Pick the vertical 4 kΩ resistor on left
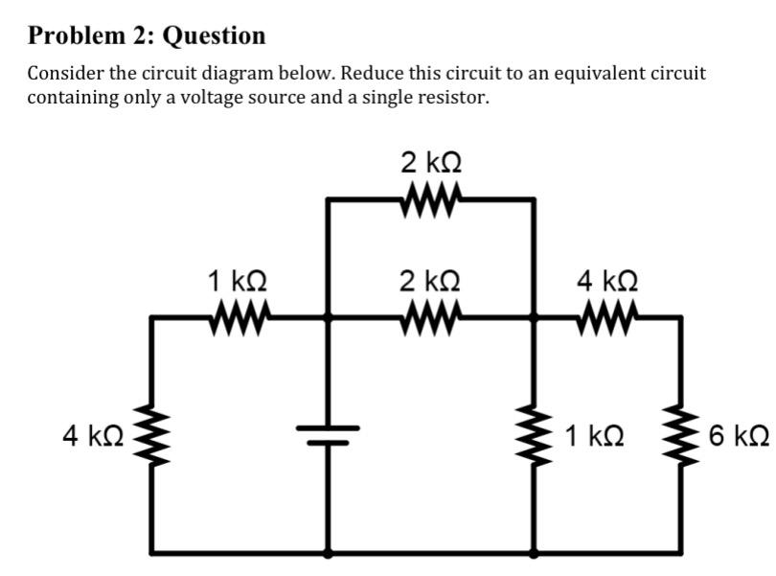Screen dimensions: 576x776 point(150,436)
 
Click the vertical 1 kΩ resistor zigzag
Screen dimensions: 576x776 point(534,436)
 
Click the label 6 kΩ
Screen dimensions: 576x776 point(739,437)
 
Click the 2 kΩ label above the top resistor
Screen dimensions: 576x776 point(429,162)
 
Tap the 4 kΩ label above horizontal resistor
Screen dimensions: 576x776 point(607,281)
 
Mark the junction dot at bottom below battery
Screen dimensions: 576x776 point(330,553)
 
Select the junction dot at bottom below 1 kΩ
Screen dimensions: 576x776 point(534,553)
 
